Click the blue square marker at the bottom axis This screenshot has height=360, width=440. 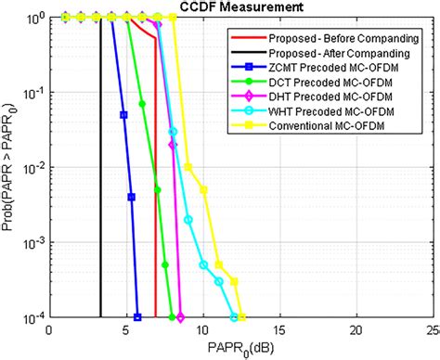(x=136, y=317)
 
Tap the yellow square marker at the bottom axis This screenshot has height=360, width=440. (x=241, y=317)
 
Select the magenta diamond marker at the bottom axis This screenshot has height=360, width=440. (x=180, y=317)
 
